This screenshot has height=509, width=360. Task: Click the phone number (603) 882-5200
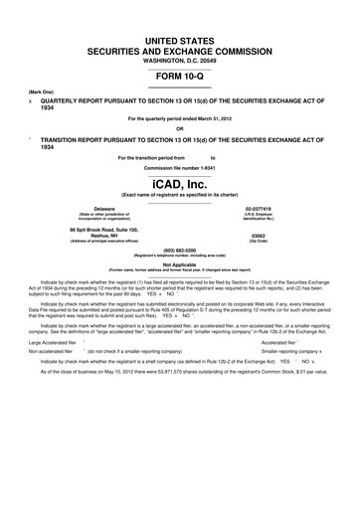(180, 251)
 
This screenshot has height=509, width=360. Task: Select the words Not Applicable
(180, 264)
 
